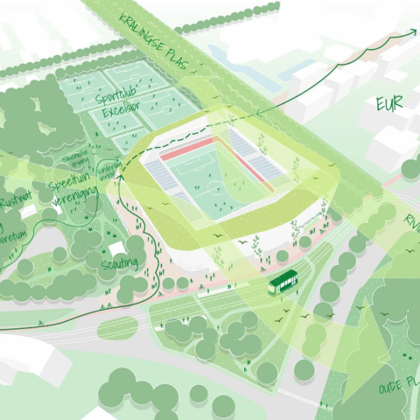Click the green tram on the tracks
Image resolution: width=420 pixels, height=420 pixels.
coord(283,281)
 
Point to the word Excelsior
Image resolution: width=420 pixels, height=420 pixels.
coord(115,114)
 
